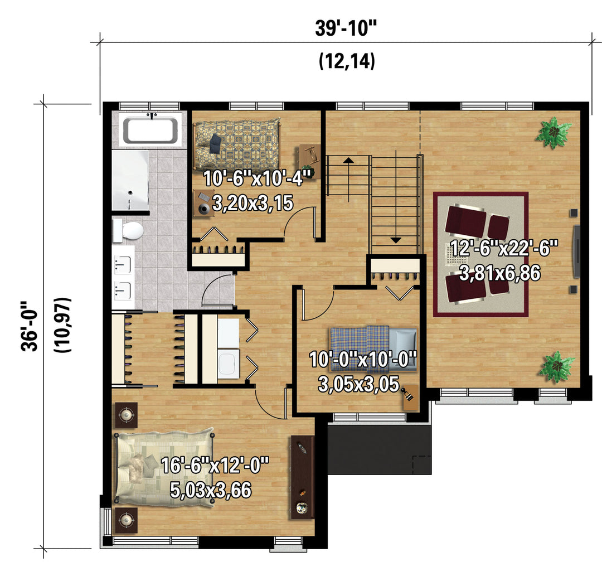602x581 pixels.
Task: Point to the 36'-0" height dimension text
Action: (30, 326)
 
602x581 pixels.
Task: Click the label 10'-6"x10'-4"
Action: (257, 178)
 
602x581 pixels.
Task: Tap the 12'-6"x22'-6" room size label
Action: (503, 248)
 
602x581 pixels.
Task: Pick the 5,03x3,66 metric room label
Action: (211, 490)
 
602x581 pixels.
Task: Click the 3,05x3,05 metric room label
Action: (358, 384)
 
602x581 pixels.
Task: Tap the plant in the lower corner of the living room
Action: (557, 367)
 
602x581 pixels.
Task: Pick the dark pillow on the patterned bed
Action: (215, 143)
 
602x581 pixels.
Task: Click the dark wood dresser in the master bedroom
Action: (302, 477)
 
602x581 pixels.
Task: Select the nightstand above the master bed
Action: (127, 415)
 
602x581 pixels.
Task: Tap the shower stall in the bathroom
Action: (130, 180)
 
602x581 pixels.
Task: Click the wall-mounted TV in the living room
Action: (576, 251)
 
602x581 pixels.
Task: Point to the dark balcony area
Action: (380, 449)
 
